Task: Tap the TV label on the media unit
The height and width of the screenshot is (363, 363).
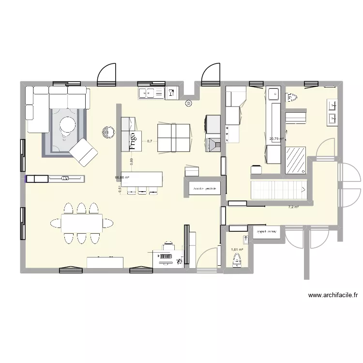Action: coord(64,179)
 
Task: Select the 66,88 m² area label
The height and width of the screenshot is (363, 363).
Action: coord(122,177)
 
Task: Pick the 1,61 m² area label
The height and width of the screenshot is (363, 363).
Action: coord(237,250)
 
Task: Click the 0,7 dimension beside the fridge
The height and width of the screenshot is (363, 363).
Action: coord(150,141)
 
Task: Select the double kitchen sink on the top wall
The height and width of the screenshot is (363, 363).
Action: coord(151,93)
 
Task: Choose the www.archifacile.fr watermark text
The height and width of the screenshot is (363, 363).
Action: coord(333,295)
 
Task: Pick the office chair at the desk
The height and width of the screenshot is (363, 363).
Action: coord(167,248)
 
